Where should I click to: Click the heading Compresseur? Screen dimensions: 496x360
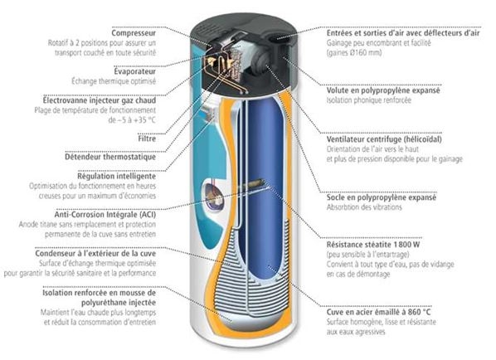click(134, 33)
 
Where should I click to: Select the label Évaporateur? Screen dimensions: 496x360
click(135, 71)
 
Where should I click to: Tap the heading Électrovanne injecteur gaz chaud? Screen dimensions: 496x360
click(100, 100)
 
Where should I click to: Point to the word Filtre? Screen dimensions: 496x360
click(147, 139)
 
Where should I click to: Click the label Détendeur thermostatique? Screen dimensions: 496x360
click(110, 157)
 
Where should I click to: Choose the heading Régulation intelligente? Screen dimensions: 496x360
click(117, 176)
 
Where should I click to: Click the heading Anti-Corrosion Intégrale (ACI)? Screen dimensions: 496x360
click(105, 215)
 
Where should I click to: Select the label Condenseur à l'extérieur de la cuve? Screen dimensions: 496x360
click(95, 253)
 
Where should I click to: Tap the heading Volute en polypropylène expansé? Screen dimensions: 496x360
click(383, 90)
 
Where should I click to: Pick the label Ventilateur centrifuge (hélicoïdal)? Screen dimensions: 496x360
click(384, 139)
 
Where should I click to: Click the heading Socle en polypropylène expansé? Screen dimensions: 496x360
click(382, 197)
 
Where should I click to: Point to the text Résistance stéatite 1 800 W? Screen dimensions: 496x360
click(373, 245)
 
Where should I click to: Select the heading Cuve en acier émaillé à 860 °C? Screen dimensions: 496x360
click(379, 312)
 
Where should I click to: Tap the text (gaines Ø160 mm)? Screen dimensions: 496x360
click(354, 52)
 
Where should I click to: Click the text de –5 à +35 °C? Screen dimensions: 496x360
click(132, 120)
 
